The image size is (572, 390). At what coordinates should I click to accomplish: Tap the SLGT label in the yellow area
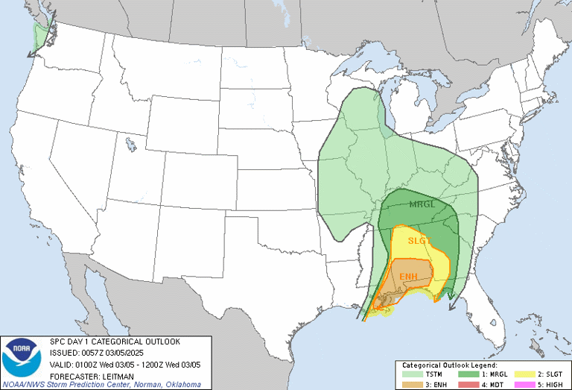[419, 240]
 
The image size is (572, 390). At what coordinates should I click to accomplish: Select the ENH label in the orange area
[408, 277]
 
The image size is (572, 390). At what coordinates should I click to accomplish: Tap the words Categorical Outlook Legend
[483, 363]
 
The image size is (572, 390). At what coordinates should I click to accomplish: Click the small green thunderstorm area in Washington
[40, 34]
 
